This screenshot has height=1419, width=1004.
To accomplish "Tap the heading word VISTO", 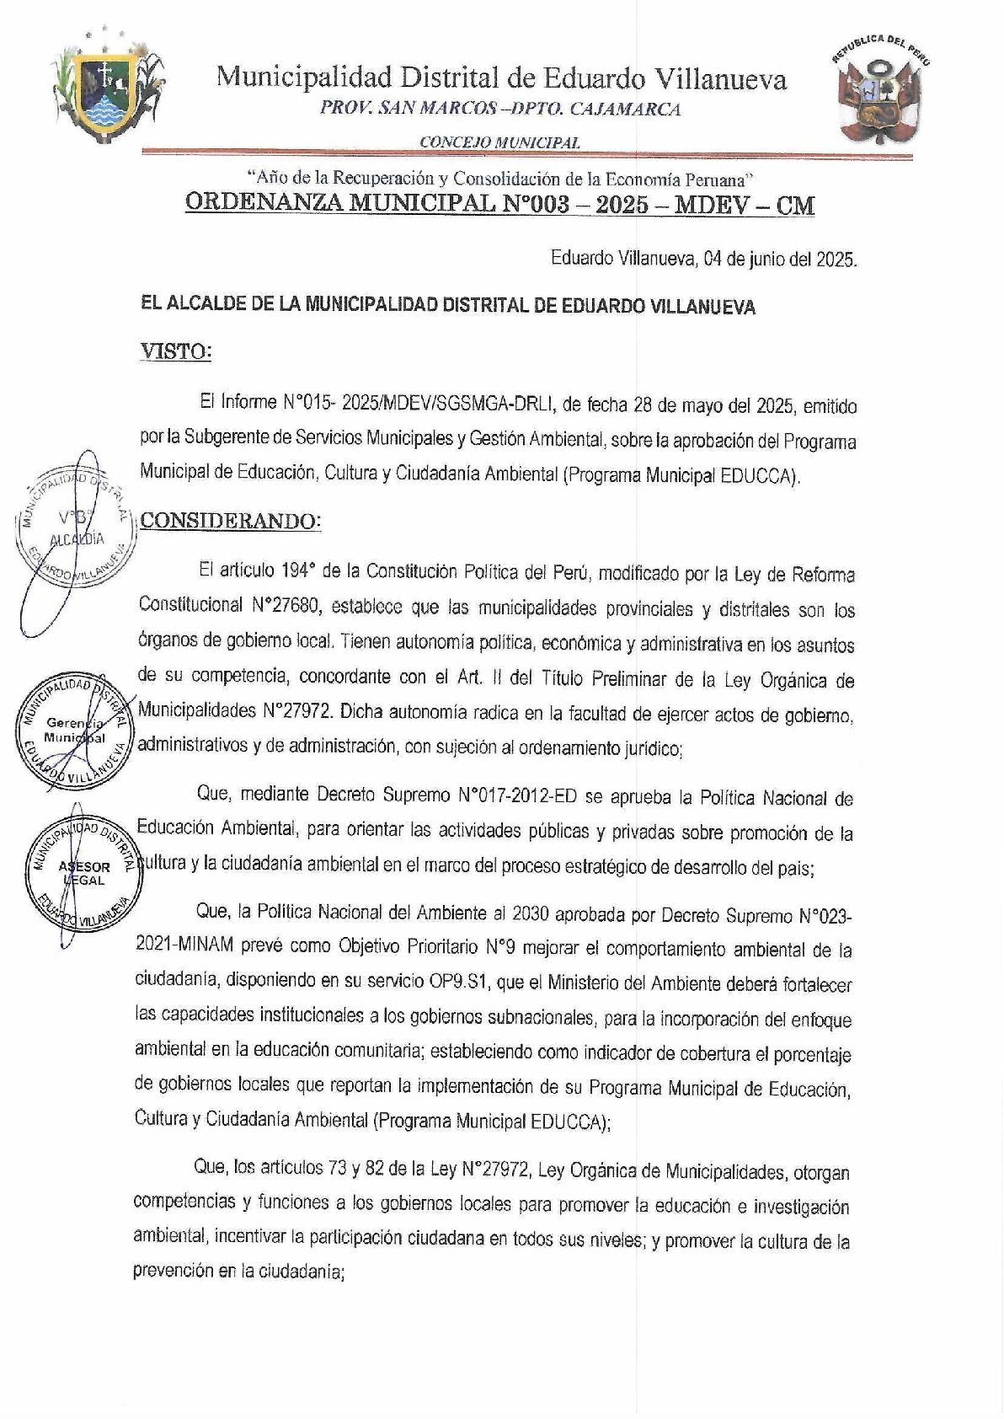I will pyautogui.click(x=174, y=351).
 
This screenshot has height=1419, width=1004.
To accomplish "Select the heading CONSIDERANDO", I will pyautogui.click(x=230, y=521).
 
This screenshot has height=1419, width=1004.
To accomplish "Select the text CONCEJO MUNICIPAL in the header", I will pyautogui.click(x=499, y=142).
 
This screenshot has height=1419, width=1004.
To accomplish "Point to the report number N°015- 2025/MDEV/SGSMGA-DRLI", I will pyautogui.click(x=414, y=405).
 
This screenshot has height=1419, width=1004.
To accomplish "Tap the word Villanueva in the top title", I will pyautogui.click(x=719, y=78).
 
